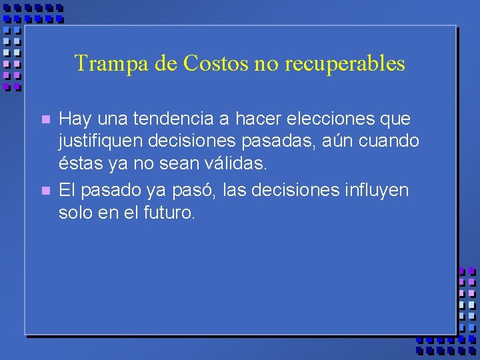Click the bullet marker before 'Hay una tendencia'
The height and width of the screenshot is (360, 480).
[45, 120]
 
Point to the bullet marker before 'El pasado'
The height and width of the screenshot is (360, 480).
[45, 191]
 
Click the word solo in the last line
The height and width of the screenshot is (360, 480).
[75, 213]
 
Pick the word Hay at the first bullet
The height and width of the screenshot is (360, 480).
[74, 119]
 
